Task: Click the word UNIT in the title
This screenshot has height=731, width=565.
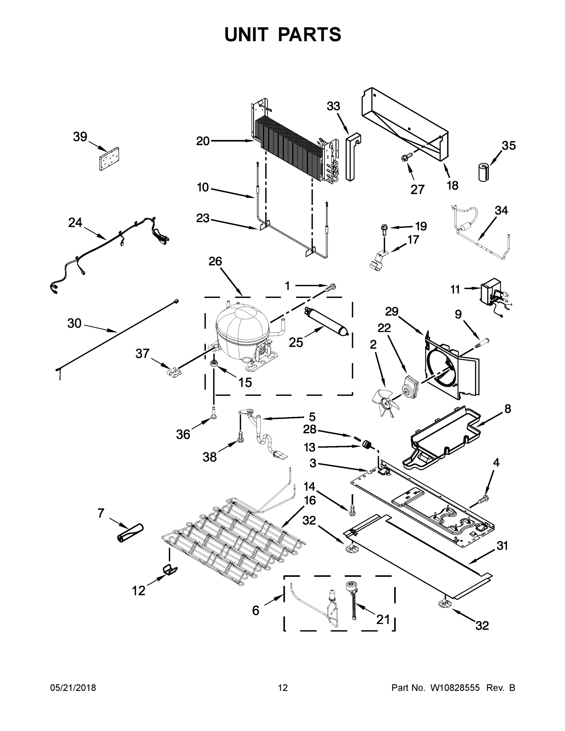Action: pos(247,34)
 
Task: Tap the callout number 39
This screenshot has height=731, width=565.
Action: pos(80,137)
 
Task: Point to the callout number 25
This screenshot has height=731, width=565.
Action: pos(296,342)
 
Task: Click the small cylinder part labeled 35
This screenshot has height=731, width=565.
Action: pos(483,172)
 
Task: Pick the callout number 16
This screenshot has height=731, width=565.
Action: pos(310,510)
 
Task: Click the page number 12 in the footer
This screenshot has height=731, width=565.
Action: pos(283,688)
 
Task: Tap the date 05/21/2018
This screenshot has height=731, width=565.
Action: pos(73,688)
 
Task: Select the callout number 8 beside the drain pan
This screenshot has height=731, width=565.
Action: pos(508,409)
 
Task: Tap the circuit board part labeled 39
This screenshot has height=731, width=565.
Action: pos(110,159)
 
